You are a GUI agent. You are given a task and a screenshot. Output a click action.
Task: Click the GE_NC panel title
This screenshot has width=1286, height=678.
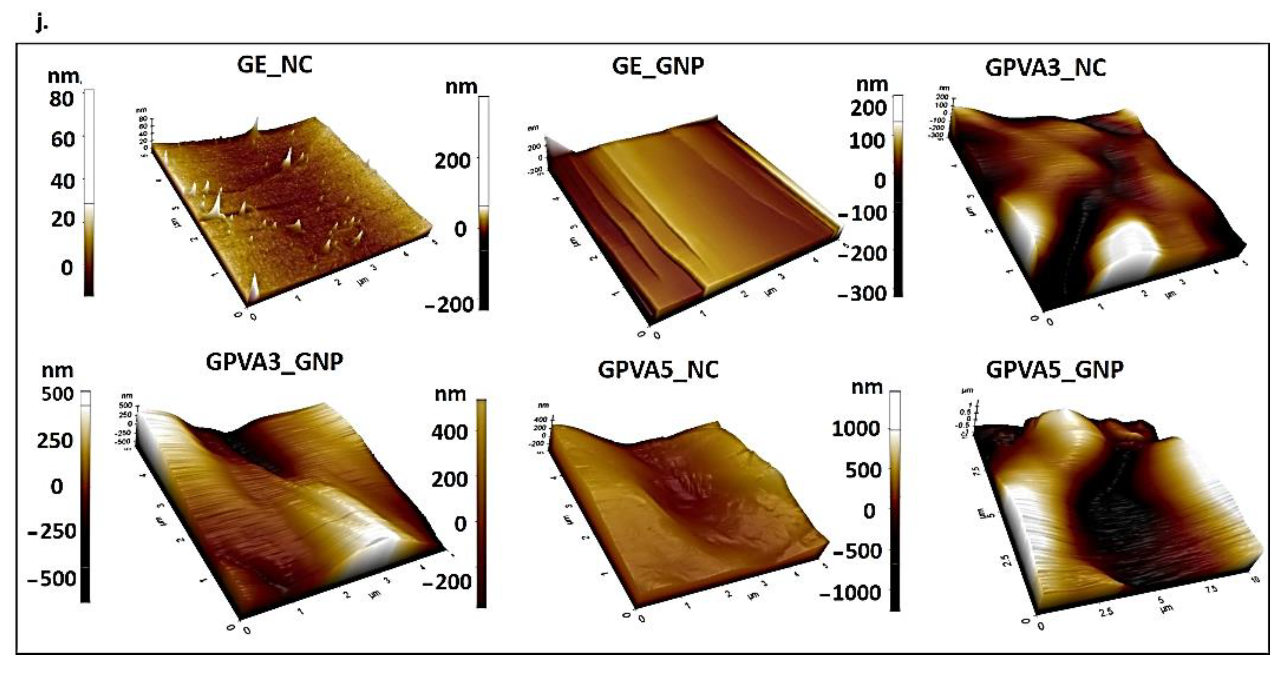click(275, 65)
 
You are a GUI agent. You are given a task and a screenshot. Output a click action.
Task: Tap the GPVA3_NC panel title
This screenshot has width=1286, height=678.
click(1046, 68)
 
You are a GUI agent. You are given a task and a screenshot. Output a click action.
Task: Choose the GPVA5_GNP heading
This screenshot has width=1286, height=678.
click(1055, 370)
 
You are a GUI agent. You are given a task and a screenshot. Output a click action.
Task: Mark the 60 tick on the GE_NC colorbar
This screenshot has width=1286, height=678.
click(63, 139)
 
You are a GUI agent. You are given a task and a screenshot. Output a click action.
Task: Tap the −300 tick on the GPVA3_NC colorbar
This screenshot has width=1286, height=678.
click(862, 293)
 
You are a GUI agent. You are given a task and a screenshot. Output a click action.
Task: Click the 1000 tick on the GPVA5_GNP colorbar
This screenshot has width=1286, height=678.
click(856, 428)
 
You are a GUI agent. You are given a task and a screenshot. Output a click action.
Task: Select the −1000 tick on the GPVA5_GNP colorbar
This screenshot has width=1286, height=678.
click(850, 592)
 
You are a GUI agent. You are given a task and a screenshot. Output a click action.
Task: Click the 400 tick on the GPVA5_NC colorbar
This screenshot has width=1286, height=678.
click(449, 432)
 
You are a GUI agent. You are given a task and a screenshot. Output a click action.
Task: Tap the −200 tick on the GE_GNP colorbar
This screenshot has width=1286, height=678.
click(449, 304)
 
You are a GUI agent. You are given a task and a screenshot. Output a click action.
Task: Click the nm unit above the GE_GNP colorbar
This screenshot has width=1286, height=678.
click(460, 87)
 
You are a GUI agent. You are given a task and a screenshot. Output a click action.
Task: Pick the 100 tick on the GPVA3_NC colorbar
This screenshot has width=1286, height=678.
click(867, 141)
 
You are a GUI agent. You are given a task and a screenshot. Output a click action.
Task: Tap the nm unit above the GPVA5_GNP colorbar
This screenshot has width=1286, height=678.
click(867, 387)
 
